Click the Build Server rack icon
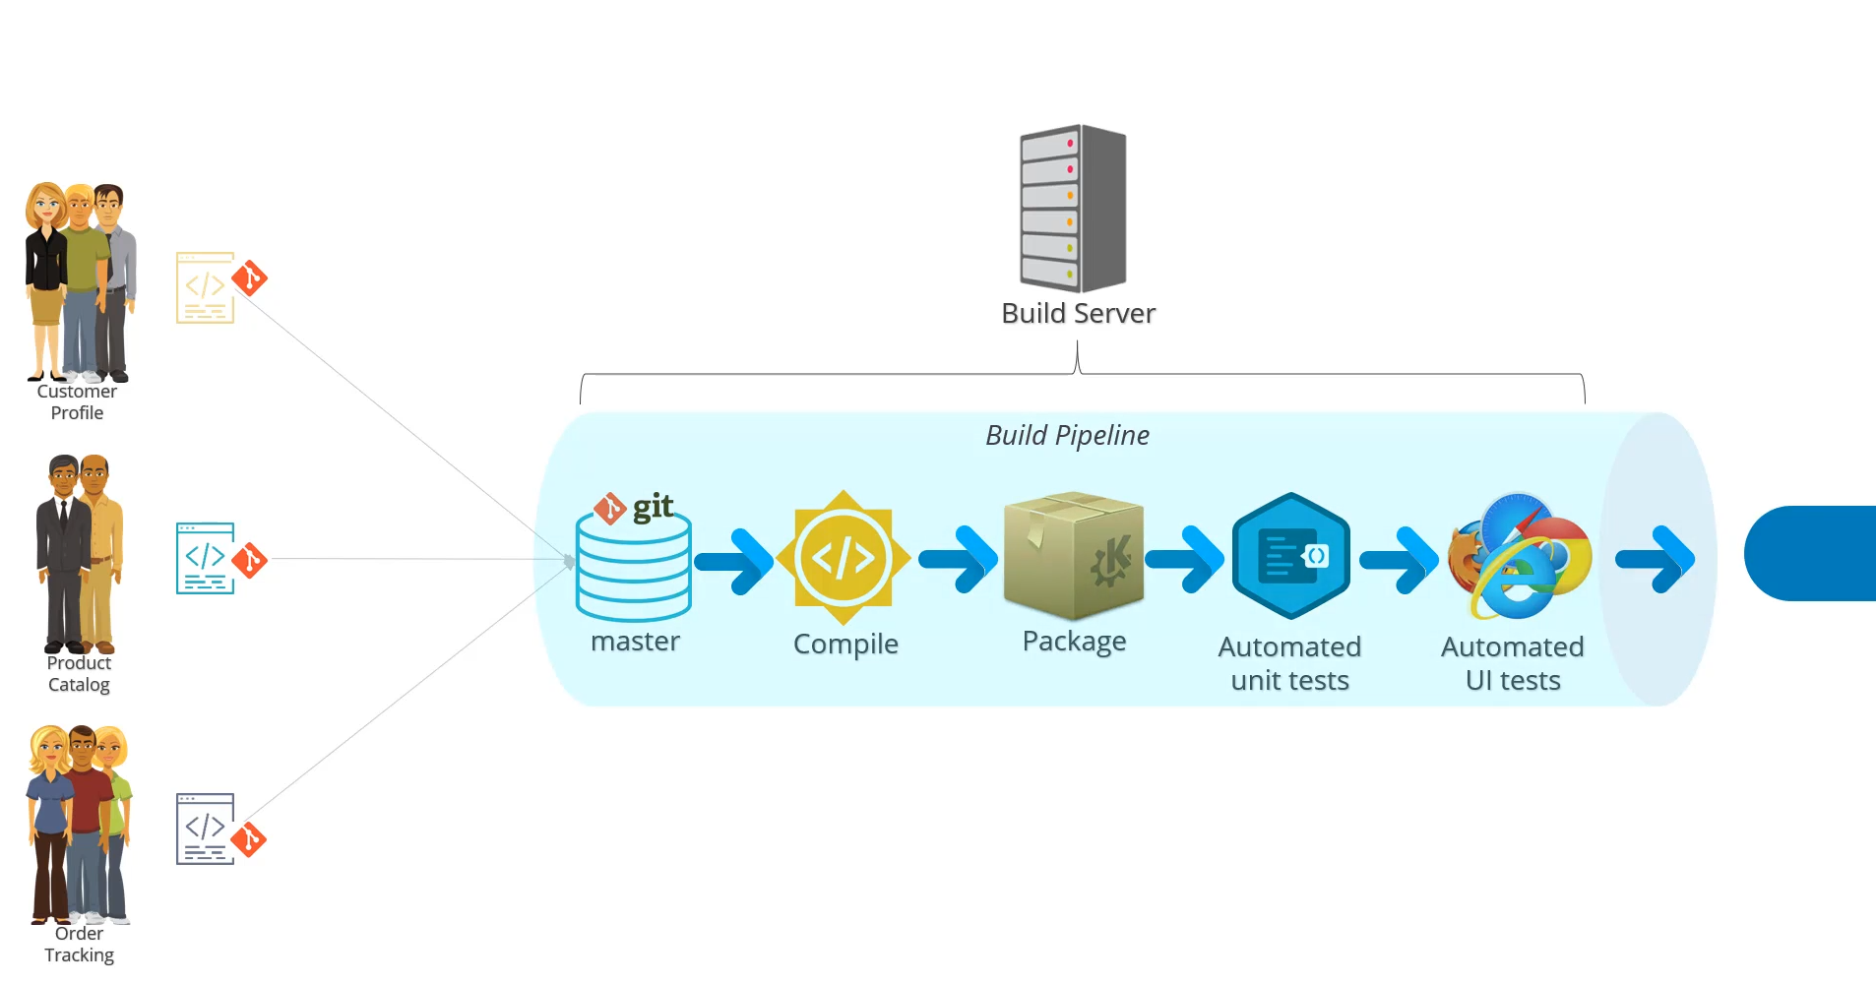coord(1073,208)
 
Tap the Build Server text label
coord(1078,313)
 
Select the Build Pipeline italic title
coord(1067,435)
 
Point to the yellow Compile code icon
coord(844,558)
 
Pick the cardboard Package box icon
coord(1073,556)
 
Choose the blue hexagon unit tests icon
coord(1290,556)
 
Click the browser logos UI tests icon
coord(1519,556)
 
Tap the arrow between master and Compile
coord(735,561)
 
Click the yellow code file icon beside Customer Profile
coord(205,287)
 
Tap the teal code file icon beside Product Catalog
coord(205,558)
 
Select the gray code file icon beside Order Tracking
coord(205,829)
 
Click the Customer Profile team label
coord(77,401)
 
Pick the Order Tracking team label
coord(79,944)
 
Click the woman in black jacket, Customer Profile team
coord(45,280)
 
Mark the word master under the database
coord(635,642)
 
